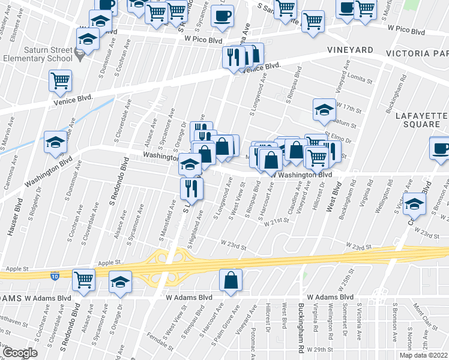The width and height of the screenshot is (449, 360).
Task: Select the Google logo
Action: [x=20, y=352]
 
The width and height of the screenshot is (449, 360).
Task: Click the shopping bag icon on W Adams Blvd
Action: [x=231, y=280]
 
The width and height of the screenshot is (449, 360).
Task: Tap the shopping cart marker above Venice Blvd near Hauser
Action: [x=60, y=80]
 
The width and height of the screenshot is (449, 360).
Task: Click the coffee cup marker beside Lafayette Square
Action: [x=441, y=148]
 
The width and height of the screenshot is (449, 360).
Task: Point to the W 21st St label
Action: [x=277, y=221]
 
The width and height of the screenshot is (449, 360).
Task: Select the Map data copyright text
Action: [x=423, y=355]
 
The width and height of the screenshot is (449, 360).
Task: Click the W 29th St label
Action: [x=319, y=349]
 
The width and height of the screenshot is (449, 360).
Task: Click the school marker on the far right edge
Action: [x=414, y=204]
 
